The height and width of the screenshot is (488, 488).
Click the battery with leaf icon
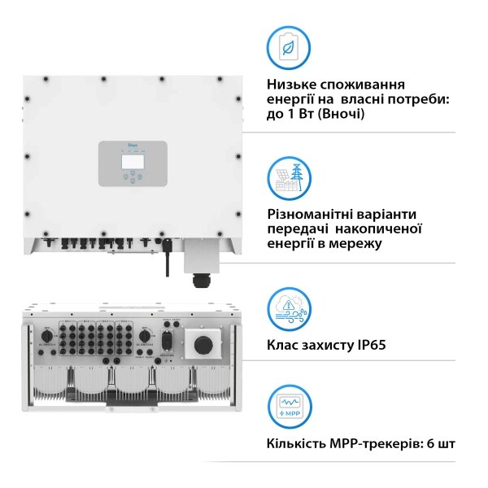(288, 48)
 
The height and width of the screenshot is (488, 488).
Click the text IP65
(368, 345)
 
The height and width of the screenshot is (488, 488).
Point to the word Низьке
(292, 85)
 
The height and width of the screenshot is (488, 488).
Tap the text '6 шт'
(437, 444)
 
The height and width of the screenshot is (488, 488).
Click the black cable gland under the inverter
(199, 280)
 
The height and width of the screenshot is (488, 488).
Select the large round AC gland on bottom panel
(198, 342)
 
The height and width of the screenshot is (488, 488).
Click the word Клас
(284, 345)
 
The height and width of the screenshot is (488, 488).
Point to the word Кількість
(296, 444)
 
